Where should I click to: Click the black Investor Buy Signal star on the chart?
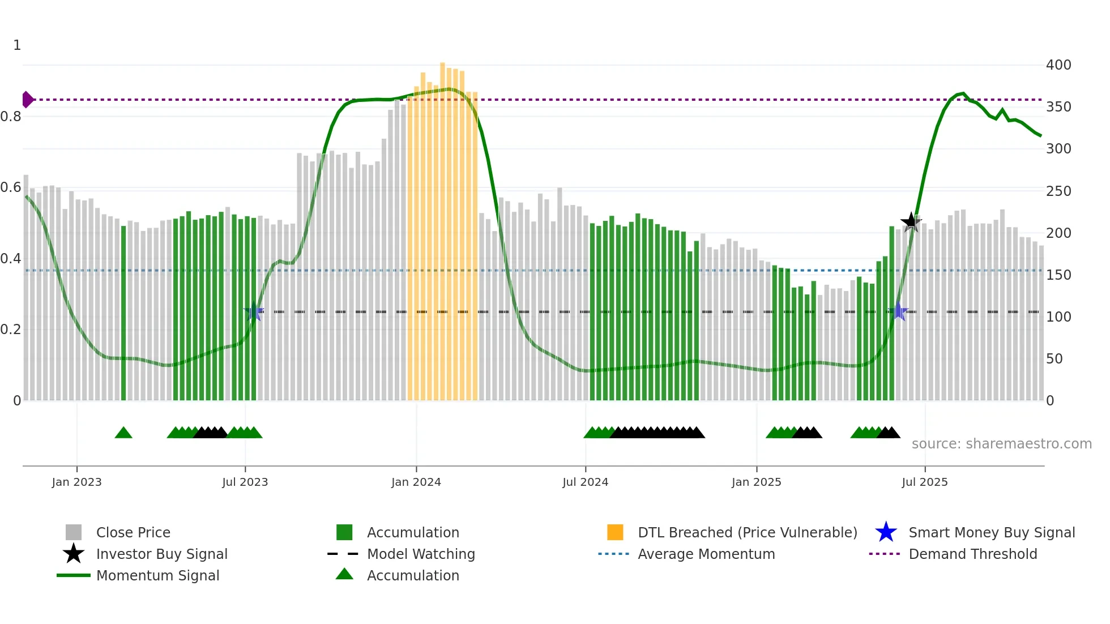point(911,222)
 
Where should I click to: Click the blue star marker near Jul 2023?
point(254,311)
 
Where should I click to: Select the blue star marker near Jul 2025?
point(898,311)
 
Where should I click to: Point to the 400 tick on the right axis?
point(1058,65)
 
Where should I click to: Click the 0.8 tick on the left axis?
point(11,117)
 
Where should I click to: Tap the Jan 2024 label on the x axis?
point(416,482)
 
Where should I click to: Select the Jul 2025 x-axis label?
point(924,482)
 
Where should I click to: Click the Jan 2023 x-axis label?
point(76,482)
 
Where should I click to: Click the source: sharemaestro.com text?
point(1001,444)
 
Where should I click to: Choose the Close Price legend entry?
point(133,532)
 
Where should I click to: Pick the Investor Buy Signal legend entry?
point(161,554)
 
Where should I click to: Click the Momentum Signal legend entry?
point(157,575)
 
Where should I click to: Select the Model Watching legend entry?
point(421,554)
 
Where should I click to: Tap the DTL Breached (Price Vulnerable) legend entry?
point(747,532)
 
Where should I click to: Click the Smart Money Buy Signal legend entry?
point(991,532)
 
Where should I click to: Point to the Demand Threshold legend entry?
point(972,554)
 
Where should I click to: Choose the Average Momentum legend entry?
point(706,554)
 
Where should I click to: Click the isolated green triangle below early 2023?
point(123,433)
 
